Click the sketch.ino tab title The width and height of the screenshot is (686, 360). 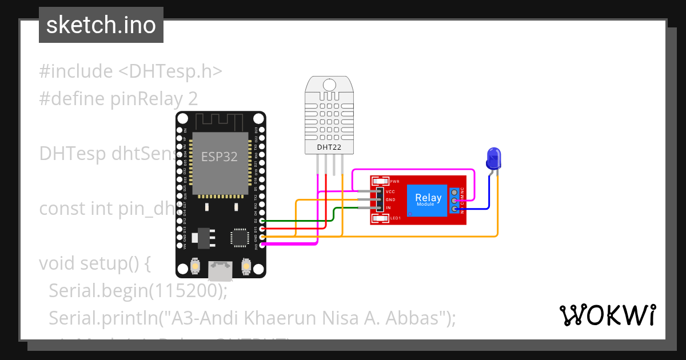point(101,25)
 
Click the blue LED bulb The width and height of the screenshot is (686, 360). point(493,157)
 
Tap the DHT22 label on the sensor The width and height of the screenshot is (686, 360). point(329,147)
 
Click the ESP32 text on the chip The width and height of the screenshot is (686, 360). point(219,157)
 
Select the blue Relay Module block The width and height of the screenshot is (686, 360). point(428,199)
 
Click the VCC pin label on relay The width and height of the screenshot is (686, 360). point(391,191)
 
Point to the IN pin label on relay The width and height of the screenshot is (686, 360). point(388,207)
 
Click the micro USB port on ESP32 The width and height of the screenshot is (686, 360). point(220,270)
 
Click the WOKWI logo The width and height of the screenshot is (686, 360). point(607,315)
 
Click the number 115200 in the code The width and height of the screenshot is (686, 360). point(185,291)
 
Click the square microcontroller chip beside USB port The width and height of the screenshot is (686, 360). point(239,238)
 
